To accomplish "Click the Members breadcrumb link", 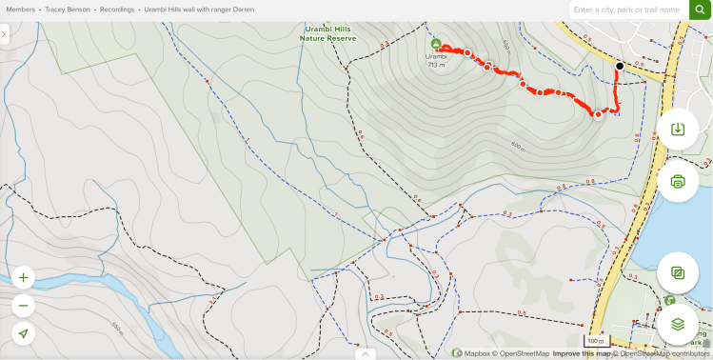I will point(21,9).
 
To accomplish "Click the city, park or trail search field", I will point(628,10).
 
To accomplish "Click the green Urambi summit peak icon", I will point(436,44).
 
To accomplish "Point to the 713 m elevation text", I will point(436,66).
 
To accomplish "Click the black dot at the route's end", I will point(620,66).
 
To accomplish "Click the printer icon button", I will point(678,181).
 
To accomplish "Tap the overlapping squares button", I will point(678,272).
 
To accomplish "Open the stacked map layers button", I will point(678,324).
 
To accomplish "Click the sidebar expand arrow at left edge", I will point(5,34).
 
